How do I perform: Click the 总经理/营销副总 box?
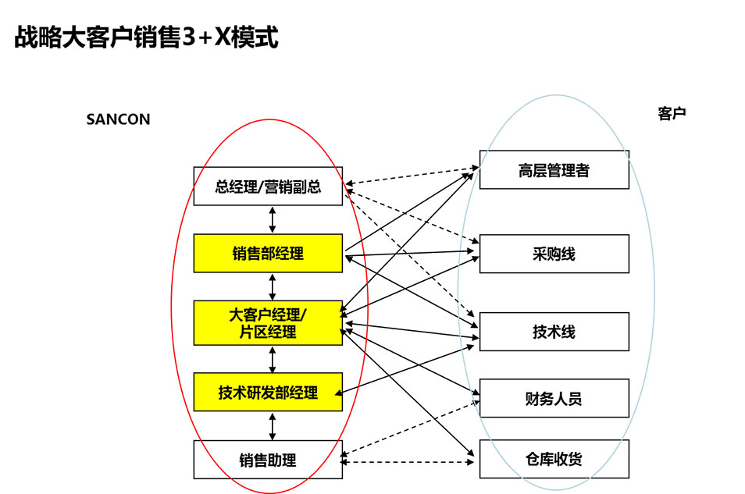[x=268, y=187]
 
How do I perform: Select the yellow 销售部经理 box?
[x=268, y=253]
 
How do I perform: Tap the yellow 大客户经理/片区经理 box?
[x=268, y=323]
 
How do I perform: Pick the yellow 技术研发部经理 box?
[x=268, y=393]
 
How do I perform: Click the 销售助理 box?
[x=268, y=460]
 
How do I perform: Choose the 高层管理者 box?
[x=554, y=170]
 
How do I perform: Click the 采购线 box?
[x=554, y=254]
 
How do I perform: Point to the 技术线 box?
[x=554, y=332]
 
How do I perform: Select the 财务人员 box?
[x=554, y=399]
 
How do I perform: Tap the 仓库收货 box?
[x=554, y=460]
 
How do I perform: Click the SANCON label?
[x=118, y=119]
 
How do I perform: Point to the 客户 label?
[x=672, y=114]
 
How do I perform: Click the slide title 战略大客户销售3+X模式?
[x=147, y=37]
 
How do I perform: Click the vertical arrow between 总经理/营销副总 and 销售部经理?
[x=272, y=219]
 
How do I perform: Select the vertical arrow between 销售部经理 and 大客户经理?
[x=272, y=286]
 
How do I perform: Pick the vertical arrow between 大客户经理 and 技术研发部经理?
[x=272, y=359]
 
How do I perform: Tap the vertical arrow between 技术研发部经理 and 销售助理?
[x=272, y=426]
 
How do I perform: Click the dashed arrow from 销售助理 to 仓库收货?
[x=410, y=463]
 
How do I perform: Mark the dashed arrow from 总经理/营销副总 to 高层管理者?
[x=410, y=176]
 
